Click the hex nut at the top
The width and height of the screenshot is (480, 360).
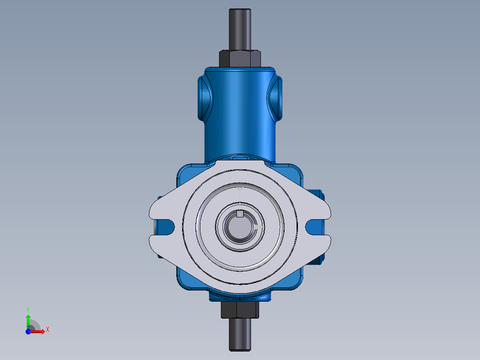(240, 58)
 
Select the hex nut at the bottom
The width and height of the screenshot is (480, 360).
(240, 310)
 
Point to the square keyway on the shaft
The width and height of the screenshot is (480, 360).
(240, 214)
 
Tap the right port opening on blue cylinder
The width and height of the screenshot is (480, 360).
(275, 98)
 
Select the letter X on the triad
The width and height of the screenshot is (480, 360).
(47, 330)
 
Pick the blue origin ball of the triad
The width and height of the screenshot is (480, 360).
(28, 331)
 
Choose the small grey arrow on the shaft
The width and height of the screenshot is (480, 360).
(259, 227)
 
